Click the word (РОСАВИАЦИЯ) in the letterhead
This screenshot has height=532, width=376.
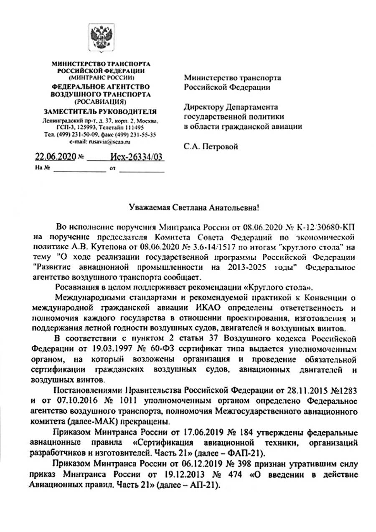[100, 102]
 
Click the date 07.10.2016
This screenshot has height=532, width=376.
[59, 401]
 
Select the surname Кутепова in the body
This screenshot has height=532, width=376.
[92, 248]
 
